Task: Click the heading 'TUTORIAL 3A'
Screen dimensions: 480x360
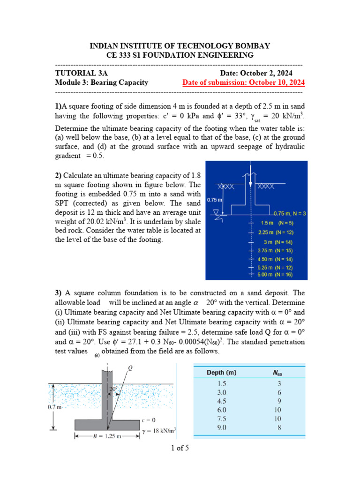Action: coord(81,73)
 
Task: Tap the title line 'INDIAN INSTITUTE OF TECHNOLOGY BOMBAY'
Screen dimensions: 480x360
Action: coord(180,45)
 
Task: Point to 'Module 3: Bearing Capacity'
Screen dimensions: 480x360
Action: coord(102,82)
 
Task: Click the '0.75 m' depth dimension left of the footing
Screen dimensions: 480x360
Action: coord(214,199)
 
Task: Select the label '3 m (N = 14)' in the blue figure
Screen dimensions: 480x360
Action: coord(278,242)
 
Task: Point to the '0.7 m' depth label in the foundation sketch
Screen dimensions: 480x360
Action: coord(55,407)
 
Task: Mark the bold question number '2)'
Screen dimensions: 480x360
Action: coord(59,175)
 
